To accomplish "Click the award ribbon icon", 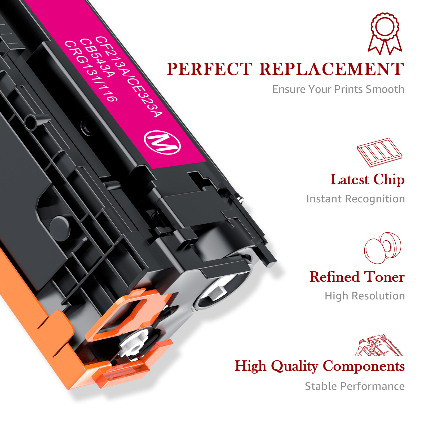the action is click(385, 33).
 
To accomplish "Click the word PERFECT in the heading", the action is click(209, 69).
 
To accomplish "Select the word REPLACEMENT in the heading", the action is click(332, 69).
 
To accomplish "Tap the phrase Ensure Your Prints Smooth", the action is click(338, 90).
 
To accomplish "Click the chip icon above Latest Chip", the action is click(379, 152).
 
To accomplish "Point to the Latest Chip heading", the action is click(367, 180).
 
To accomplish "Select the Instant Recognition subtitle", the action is click(355, 199).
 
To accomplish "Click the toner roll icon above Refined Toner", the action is click(383, 248).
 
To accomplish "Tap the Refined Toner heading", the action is click(357, 277).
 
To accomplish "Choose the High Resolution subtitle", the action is click(365, 296).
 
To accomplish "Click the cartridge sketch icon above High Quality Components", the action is click(379, 345).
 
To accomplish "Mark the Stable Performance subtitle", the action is click(355, 386).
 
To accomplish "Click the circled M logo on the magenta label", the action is click(162, 142).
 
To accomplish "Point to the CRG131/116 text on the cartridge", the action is click(91, 71).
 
